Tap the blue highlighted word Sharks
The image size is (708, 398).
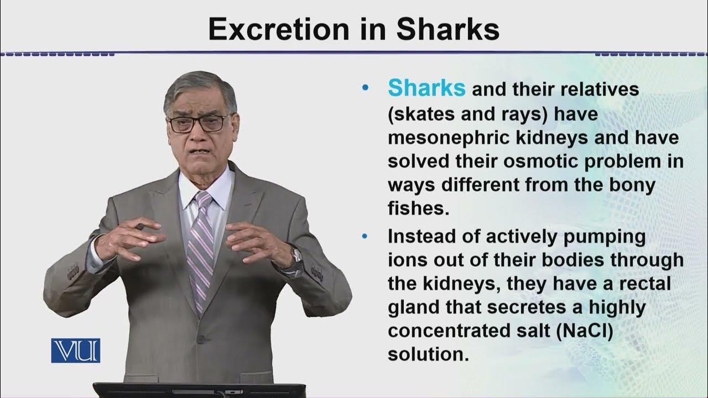click(x=426, y=88)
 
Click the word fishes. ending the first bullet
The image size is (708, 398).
click(x=416, y=209)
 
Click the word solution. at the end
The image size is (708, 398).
click(x=428, y=354)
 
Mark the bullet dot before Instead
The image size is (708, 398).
click(x=364, y=237)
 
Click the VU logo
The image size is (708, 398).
click(x=76, y=350)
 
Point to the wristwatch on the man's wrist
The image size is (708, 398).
click(x=296, y=255)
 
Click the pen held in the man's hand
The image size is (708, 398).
click(x=140, y=227)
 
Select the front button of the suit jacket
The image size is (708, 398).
click(x=201, y=339)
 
